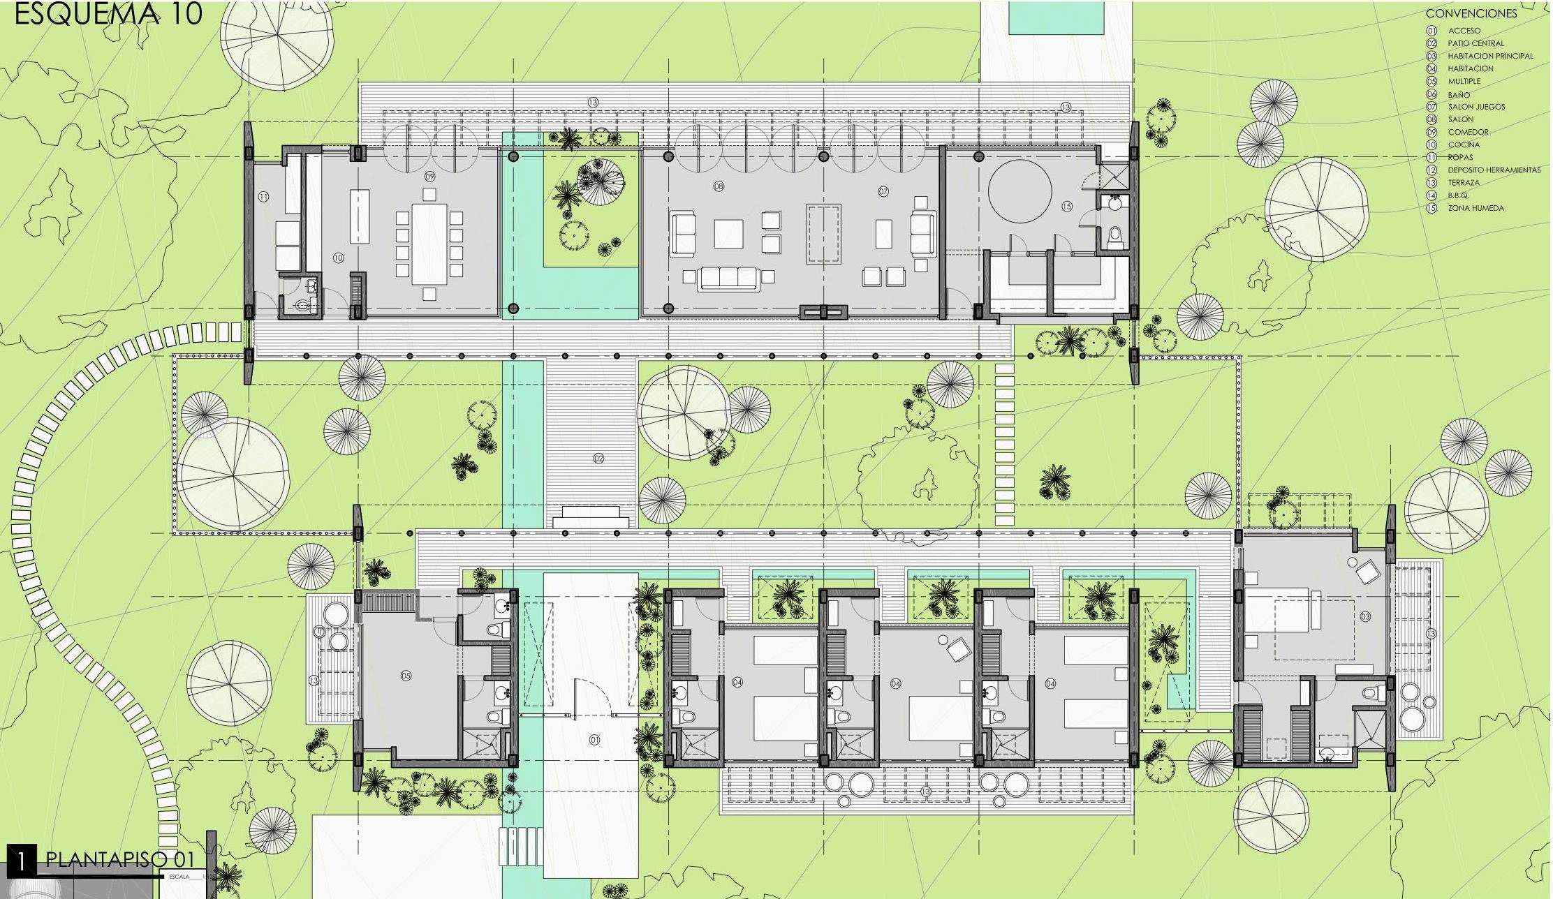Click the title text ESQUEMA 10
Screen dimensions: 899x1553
(x=108, y=14)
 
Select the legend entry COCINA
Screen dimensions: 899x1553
(x=1464, y=144)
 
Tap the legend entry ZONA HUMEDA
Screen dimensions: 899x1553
(x=1475, y=208)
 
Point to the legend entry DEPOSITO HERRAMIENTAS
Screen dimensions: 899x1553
(x=1494, y=170)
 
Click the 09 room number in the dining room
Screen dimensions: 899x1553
(x=430, y=177)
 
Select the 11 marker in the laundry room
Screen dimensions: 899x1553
(x=263, y=197)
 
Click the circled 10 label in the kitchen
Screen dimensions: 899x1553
(x=338, y=258)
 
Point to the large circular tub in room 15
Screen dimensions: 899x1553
(x=1019, y=191)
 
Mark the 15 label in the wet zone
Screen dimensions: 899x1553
(x=1066, y=206)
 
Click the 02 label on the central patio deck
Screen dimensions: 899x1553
(x=598, y=459)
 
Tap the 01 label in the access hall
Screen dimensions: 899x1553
(x=594, y=740)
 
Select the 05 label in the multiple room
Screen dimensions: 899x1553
(x=406, y=675)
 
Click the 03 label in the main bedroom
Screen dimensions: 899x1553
(x=1364, y=617)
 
